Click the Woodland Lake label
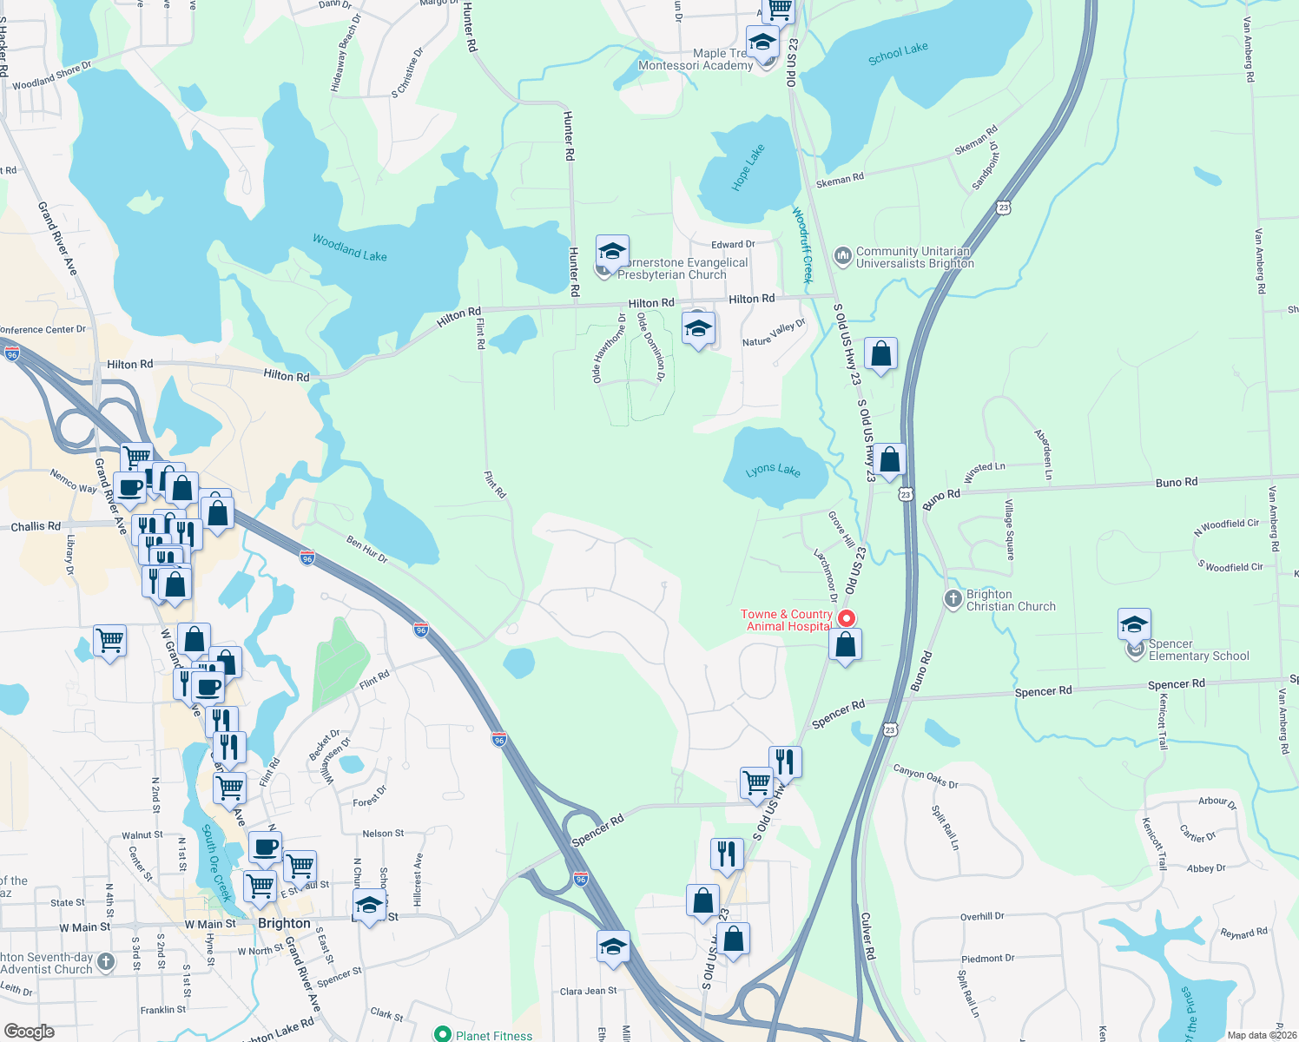click(x=350, y=247)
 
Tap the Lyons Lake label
click(x=773, y=470)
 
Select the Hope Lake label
click(x=748, y=168)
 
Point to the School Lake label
click(x=898, y=54)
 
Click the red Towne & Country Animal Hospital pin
click(x=847, y=618)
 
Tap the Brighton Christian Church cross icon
click(x=953, y=598)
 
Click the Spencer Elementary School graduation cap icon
click(x=1134, y=625)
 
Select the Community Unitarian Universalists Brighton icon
click(x=842, y=255)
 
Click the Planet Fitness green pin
click(x=443, y=1034)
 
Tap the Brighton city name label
click(x=284, y=923)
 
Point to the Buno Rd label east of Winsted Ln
click(x=1177, y=482)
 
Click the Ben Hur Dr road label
click(x=366, y=549)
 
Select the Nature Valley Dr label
click(x=774, y=333)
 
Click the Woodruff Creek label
click(x=802, y=245)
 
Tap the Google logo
click(x=30, y=1032)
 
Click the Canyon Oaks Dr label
click(x=926, y=776)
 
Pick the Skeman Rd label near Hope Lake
click(x=840, y=179)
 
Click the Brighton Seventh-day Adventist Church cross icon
click(x=106, y=961)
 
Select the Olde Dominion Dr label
click(x=651, y=346)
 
